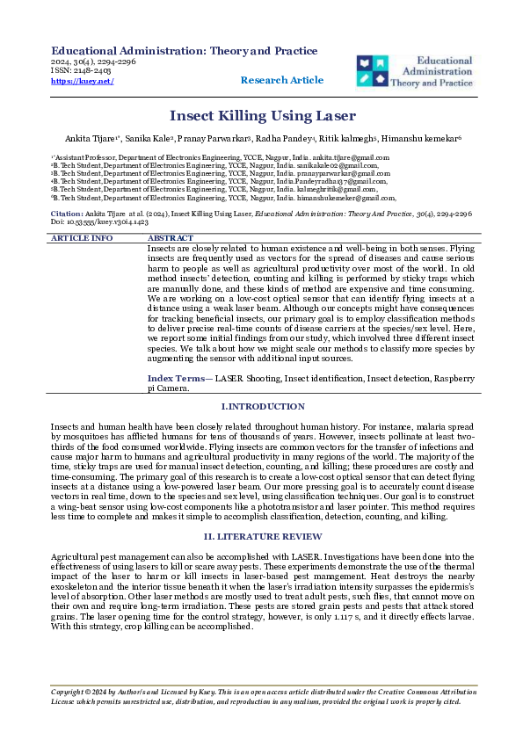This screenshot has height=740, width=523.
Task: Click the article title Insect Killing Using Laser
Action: pyautogui.click(x=262, y=115)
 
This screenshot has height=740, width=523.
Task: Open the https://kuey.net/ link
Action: pyautogui.click(x=83, y=80)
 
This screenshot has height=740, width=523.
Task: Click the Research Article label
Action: pyautogui.click(x=281, y=80)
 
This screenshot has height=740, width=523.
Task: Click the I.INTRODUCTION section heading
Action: pyautogui.click(x=261, y=406)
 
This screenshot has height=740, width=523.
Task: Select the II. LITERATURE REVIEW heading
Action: pyautogui.click(x=261, y=534)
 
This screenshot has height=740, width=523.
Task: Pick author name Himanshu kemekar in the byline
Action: pyautogui.click(x=425, y=139)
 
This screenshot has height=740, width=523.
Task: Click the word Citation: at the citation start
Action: pyautogui.click(x=68, y=214)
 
